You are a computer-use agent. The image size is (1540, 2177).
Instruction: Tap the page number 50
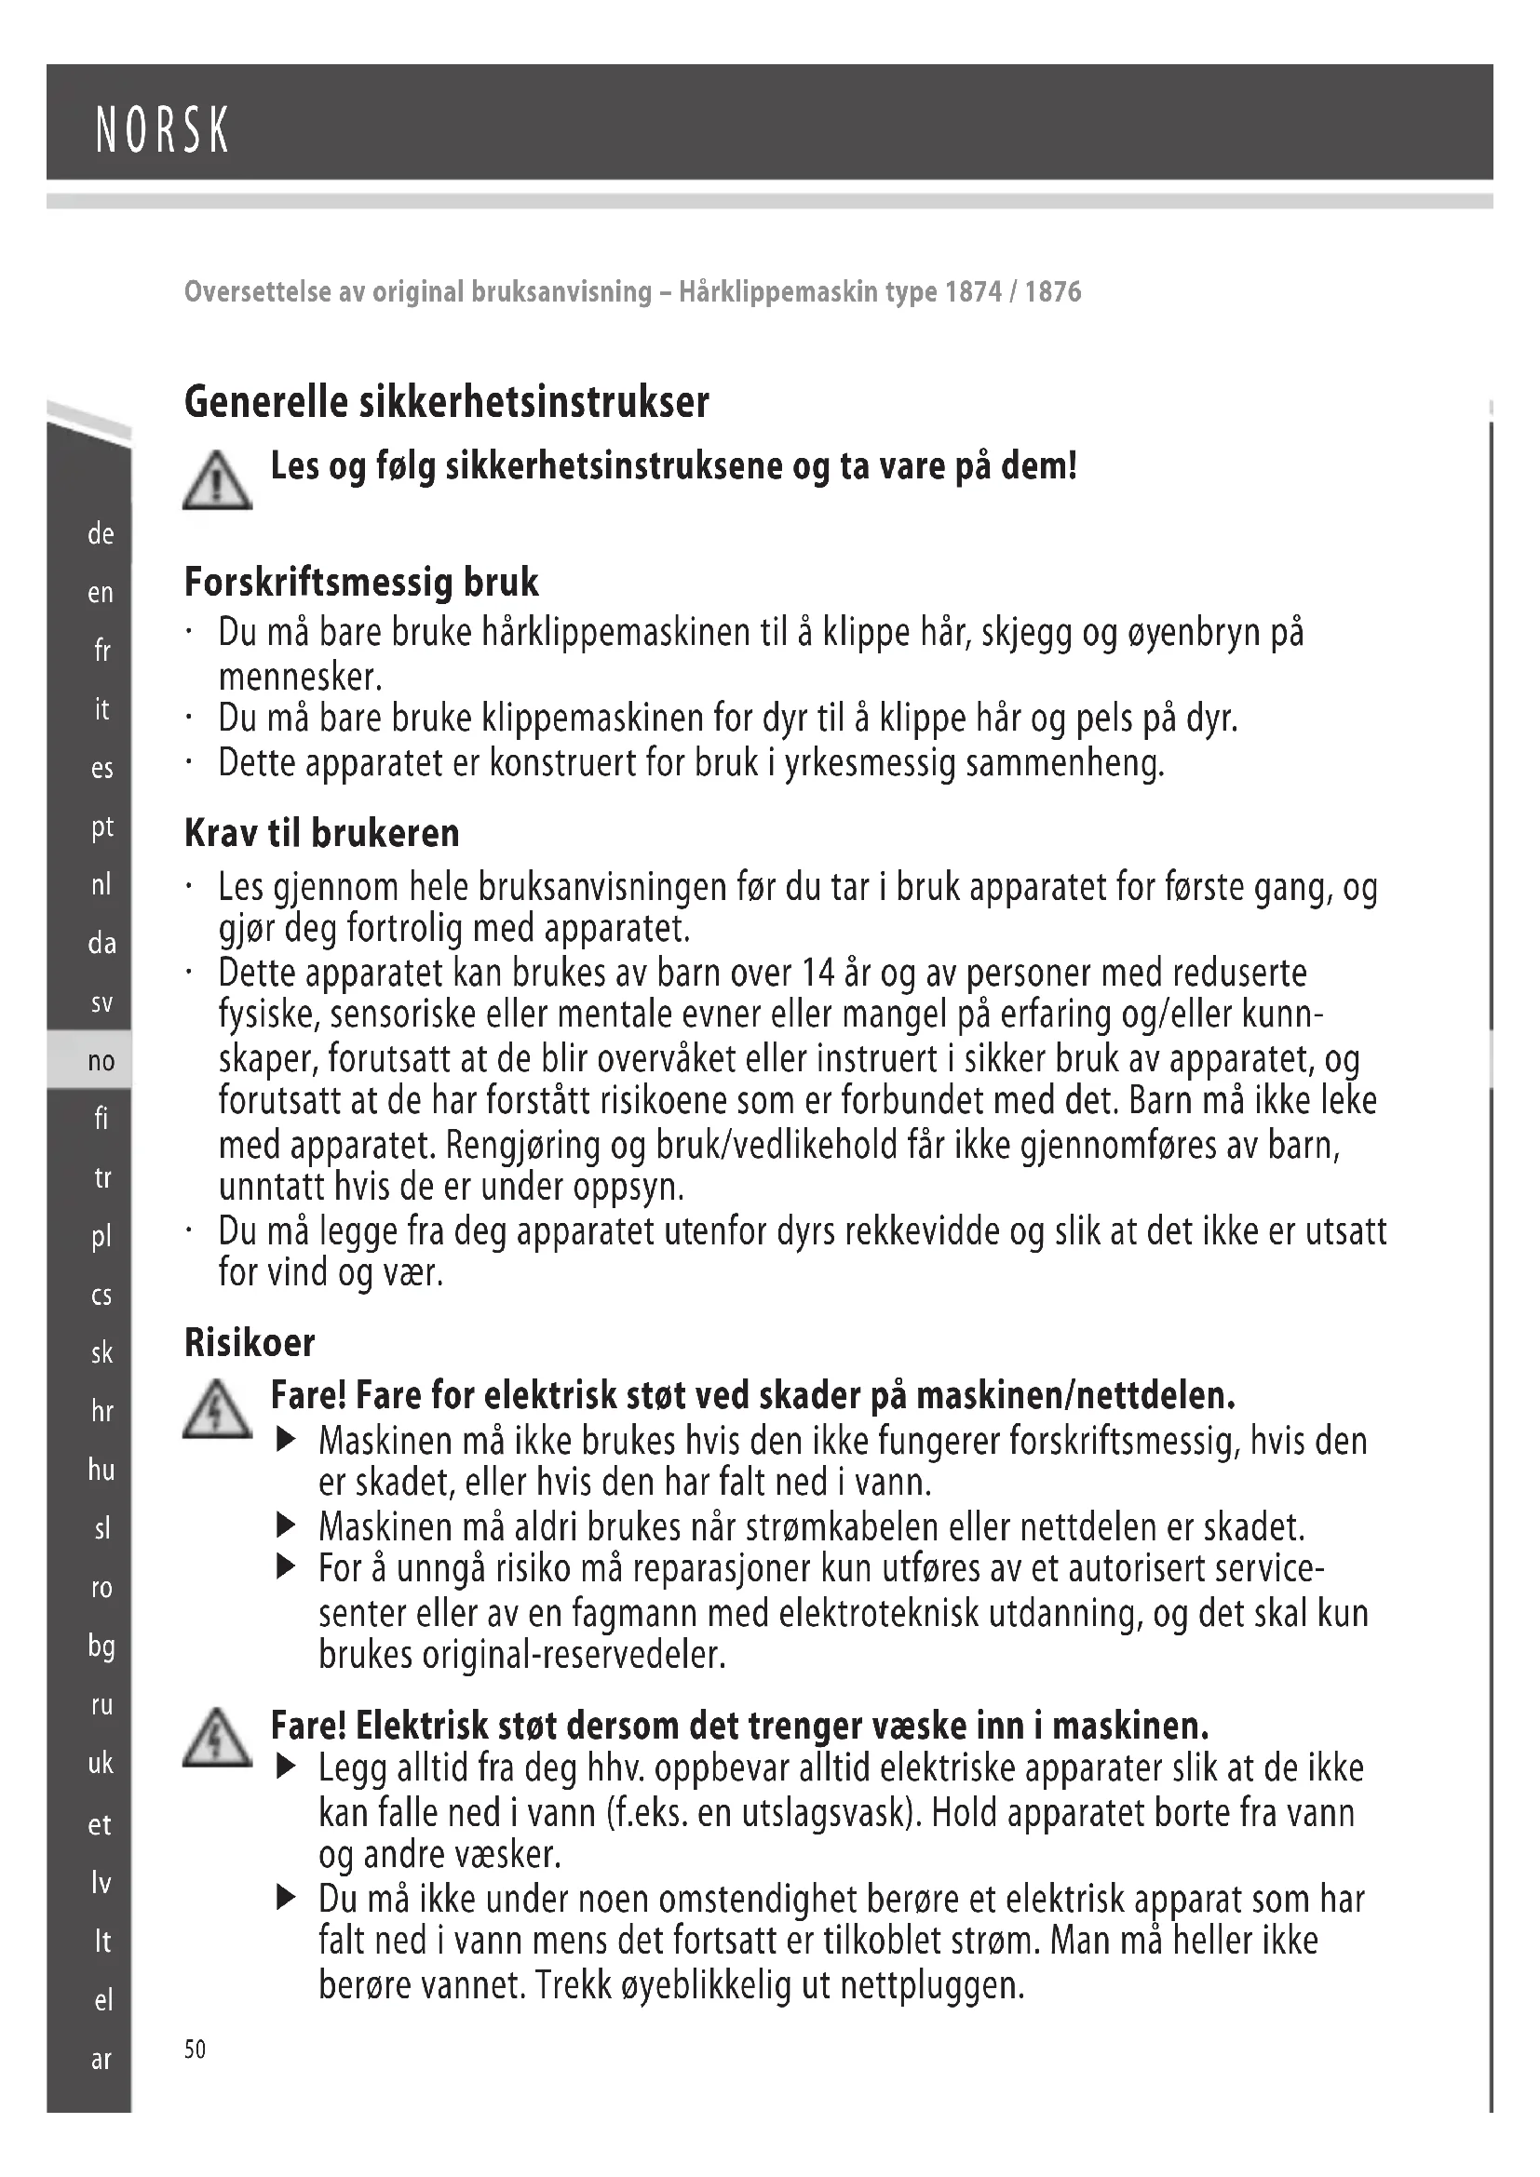[x=195, y=2049]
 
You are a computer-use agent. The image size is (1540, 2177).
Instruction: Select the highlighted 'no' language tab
[x=101, y=1061]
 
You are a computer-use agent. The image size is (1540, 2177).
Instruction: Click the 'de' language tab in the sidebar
[x=101, y=534]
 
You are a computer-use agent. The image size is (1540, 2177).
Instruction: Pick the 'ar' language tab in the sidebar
[x=101, y=2060]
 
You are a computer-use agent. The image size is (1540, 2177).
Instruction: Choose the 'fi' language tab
[x=101, y=1119]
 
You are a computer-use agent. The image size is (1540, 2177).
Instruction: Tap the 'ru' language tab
[x=101, y=1705]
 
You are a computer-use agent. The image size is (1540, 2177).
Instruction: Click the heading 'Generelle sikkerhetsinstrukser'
[x=446, y=402]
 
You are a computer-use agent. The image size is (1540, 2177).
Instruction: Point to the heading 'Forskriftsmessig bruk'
[x=361, y=582]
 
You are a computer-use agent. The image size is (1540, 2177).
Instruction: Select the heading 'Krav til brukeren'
[x=321, y=833]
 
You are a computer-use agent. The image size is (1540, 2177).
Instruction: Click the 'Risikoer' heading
[x=250, y=1343]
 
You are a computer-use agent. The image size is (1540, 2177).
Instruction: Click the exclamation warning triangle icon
[x=217, y=480]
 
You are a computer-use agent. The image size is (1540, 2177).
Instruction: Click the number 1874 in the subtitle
[x=973, y=291]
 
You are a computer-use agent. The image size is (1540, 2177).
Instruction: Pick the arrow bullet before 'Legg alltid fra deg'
[x=287, y=1767]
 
